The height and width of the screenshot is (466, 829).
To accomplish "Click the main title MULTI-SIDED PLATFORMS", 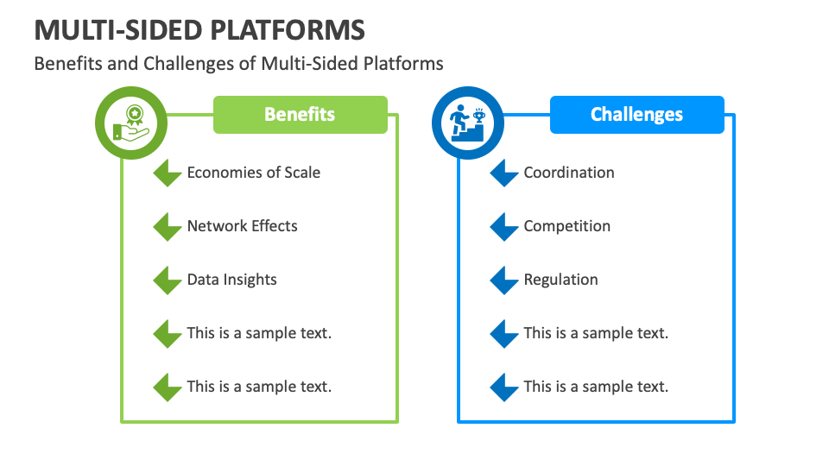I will (199, 29).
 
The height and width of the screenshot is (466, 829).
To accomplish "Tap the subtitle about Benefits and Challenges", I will (238, 64).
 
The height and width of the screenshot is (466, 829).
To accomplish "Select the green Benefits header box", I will (300, 115).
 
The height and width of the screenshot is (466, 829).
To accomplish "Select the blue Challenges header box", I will (636, 115).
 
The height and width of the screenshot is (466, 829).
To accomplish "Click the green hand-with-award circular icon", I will (129, 123).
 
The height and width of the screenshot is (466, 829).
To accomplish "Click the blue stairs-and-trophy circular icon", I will (466, 123).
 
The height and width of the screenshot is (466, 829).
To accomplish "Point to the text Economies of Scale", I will (253, 173).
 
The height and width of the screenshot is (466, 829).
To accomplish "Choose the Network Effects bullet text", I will (242, 226).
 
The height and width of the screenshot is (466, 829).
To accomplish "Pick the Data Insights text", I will (231, 280).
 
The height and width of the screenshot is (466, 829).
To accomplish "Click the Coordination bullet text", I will (568, 173).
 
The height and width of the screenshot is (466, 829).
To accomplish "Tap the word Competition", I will (566, 226).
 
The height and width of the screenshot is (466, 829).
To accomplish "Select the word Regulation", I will (560, 280).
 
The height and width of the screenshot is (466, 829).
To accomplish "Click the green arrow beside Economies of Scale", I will (167, 173).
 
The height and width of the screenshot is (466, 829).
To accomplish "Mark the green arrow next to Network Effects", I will (167, 227).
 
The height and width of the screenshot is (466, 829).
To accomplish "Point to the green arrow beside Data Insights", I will (167, 280).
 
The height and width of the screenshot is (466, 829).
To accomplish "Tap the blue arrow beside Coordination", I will (503, 173).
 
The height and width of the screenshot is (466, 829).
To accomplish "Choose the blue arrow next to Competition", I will (503, 227).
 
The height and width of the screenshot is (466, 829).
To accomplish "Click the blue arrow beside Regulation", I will (503, 280).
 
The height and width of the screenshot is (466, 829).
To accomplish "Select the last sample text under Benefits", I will (259, 387).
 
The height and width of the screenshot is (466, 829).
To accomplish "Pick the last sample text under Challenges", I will (596, 387).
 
